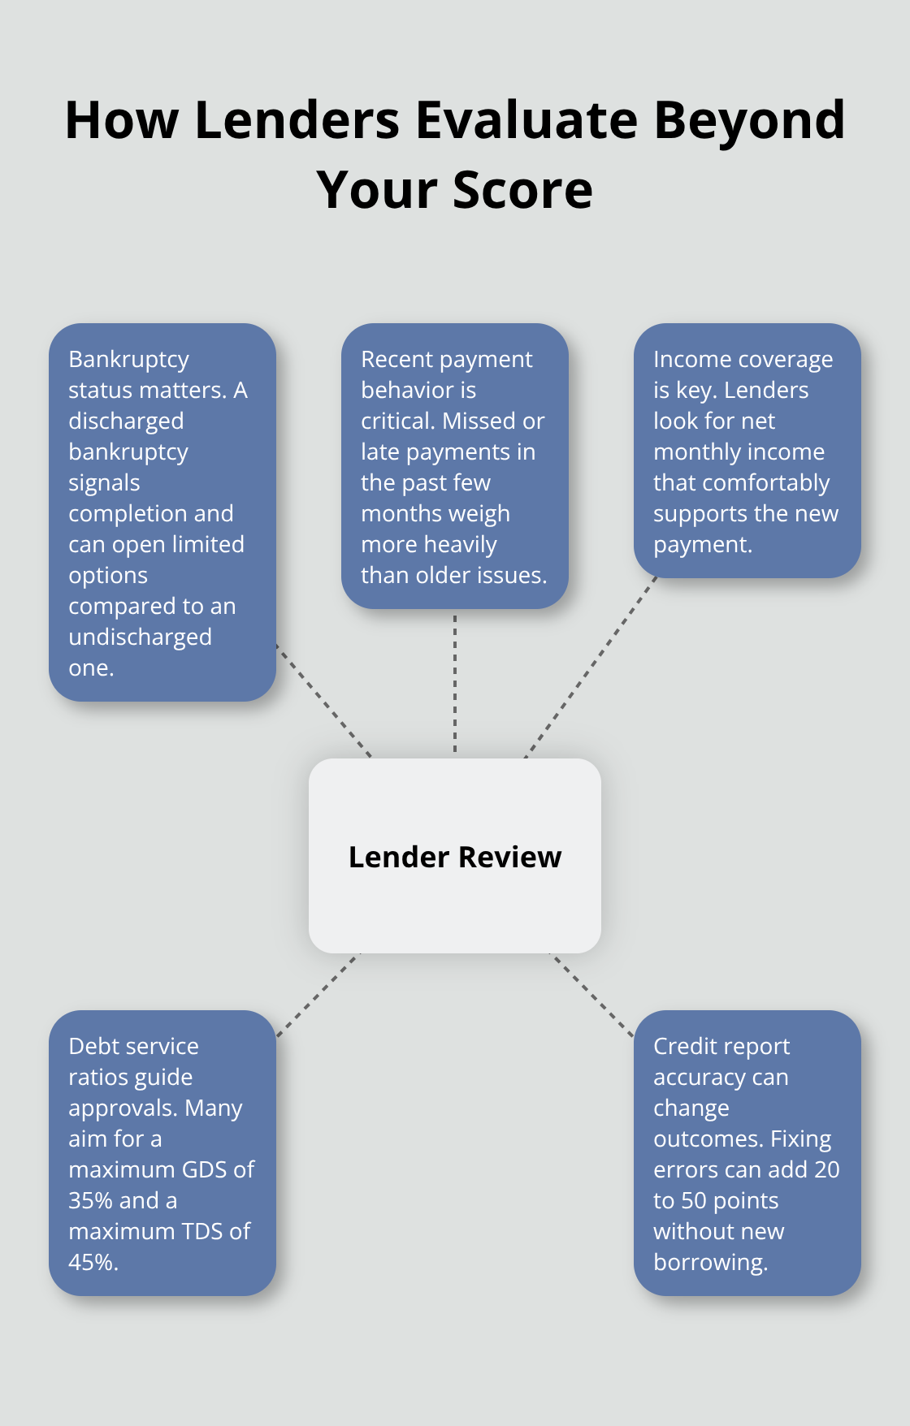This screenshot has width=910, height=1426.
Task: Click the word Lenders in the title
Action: click(297, 120)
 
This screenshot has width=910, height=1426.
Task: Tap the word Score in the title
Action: click(522, 190)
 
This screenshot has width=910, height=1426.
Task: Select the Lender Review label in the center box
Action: click(455, 857)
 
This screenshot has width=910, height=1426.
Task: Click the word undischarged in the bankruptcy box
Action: click(140, 637)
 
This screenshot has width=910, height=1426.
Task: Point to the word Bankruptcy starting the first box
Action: click(128, 360)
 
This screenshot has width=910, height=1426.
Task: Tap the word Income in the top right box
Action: click(689, 360)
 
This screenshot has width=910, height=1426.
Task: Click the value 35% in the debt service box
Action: click(91, 1200)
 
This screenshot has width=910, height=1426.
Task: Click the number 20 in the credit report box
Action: click(826, 1169)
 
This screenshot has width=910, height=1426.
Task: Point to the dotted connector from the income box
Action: click(591, 668)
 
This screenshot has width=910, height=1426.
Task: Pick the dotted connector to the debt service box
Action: click(318, 995)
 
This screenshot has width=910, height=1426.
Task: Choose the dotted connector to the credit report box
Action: click(592, 996)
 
